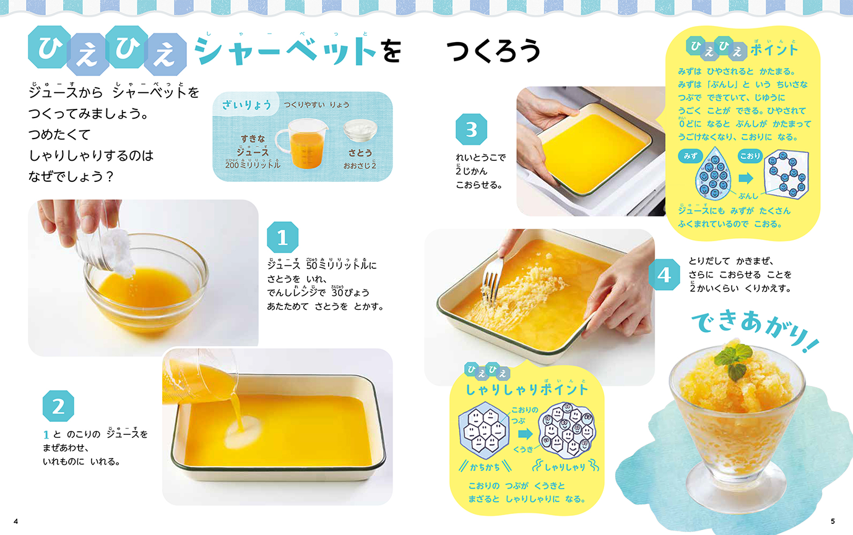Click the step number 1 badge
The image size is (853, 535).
point(282,237)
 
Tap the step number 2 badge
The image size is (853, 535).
point(58,406)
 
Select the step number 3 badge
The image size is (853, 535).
point(472,129)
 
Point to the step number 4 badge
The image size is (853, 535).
point(664,275)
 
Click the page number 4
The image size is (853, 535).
point(15,521)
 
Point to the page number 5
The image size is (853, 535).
point(833,521)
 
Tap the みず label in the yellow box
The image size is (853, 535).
point(690,156)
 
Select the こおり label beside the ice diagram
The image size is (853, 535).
point(750,156)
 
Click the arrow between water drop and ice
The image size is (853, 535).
point(746,178)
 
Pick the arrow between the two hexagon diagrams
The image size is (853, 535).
point(526,434)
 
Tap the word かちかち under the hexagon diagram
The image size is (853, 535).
point(485,467)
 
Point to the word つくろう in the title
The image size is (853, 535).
point(493,51)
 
